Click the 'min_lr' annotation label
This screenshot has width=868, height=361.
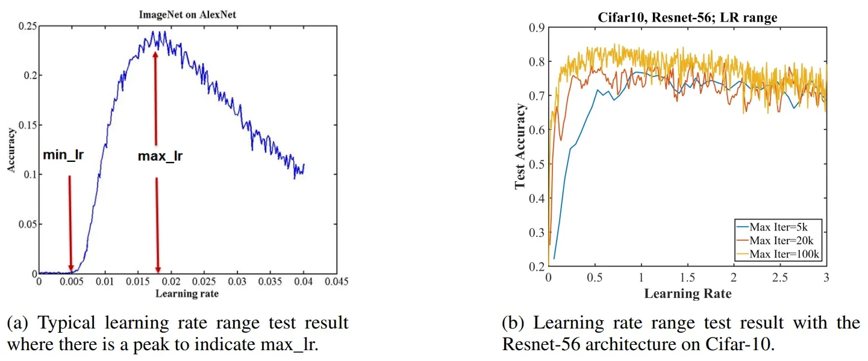[x=63, y=155]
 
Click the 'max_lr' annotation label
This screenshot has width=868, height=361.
[x=160, y=157]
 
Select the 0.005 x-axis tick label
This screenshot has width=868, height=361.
[x=72, y=282]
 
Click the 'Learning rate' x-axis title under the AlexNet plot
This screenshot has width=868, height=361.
[x=187, y=294]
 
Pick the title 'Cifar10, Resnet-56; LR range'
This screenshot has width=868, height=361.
[x=687, y=18]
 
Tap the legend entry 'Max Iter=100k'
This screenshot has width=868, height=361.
[x=784, y=255]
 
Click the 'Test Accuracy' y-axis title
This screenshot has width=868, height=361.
[x=520, y=146]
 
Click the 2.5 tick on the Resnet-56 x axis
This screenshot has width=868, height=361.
[x=780, y=279]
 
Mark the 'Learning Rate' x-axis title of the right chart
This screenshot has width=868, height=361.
[x=687, y=294]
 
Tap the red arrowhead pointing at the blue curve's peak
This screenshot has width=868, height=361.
[x=155, y=55]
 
